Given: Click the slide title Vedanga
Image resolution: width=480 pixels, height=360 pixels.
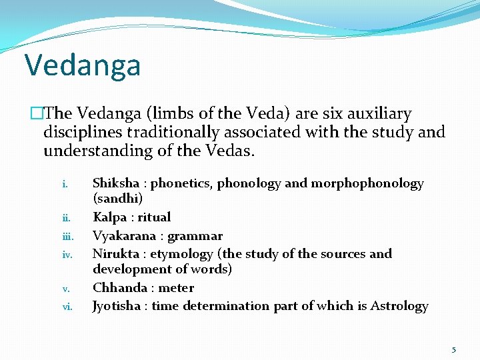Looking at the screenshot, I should tap(83, 65).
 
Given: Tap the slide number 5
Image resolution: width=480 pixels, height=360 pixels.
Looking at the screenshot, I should tap(454, 349).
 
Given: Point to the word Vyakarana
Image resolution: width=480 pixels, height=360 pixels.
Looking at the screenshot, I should tap(124, 235).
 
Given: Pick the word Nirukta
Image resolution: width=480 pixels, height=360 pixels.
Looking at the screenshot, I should tap(116, 253).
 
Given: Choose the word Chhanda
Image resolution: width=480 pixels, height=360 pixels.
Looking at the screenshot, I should tap(119, 288).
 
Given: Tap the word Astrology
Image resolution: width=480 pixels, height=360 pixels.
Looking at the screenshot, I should tap(399, 306).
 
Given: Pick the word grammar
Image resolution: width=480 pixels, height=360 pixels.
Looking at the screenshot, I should tap(195, 235).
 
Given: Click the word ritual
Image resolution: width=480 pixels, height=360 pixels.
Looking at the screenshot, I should tap(154, 217).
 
